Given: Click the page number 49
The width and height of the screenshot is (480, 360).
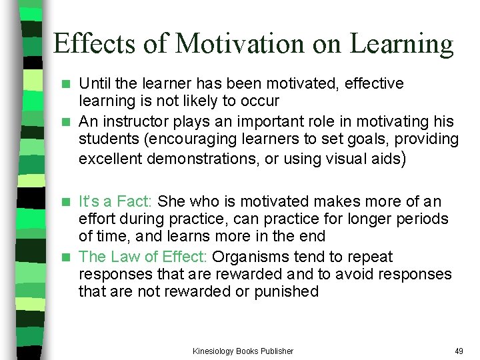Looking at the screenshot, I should (x=459, y=351).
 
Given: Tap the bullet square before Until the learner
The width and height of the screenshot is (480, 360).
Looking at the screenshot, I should (x=65, y=84).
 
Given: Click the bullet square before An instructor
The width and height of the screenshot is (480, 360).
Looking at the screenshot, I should (x=65, y=122).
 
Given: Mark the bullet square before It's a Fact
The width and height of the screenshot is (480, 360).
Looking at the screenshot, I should (x=65, y=202).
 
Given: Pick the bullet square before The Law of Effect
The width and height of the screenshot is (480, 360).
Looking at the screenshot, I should (x=65, y=257).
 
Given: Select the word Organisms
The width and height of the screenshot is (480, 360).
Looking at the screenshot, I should (x=245, y=257).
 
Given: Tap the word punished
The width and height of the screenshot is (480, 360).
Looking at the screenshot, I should (x=287, y=291).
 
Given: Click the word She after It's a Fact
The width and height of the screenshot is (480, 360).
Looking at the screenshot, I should (x=172, y=201).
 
